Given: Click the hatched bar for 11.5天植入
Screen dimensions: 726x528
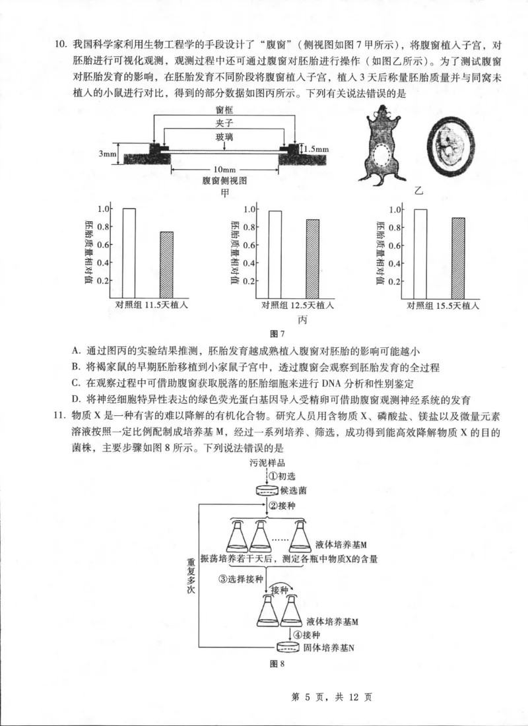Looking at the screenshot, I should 166,265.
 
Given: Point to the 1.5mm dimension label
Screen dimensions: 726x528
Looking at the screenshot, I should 316,149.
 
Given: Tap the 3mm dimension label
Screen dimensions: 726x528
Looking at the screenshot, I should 108,153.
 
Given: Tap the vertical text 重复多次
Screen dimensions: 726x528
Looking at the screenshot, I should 191,574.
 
